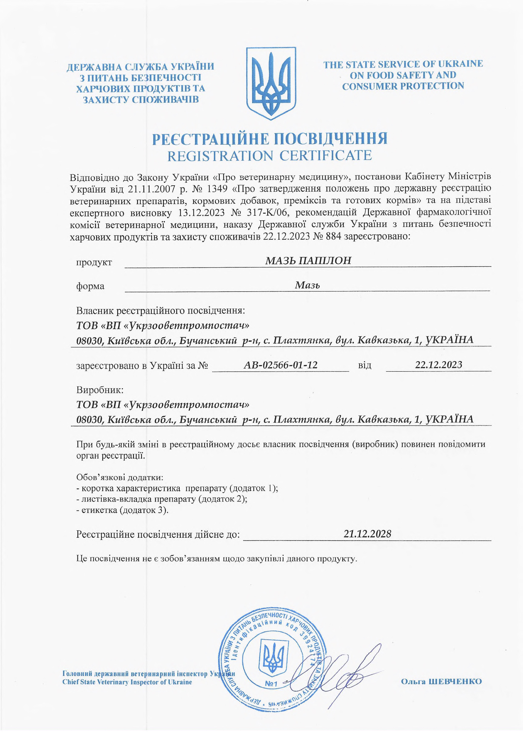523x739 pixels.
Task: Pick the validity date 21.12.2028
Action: [x=367, y=534]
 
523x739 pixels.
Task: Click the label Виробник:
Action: [x=100, y=390]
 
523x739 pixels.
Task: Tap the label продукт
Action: [x=94, y=262]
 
